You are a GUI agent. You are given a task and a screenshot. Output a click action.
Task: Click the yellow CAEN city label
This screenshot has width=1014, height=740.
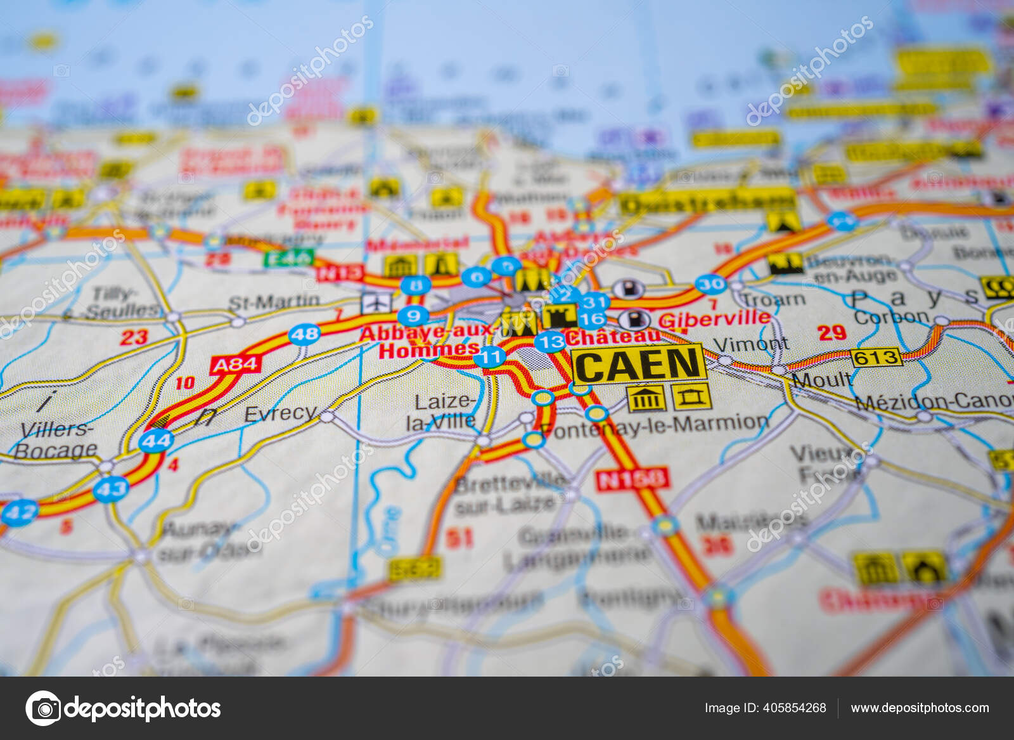click(x=638, y=365)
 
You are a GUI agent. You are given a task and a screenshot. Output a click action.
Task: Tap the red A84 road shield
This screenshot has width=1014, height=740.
click(x=235, y=365)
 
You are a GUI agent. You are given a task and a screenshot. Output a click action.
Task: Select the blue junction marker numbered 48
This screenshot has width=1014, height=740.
click(x=304, y=334)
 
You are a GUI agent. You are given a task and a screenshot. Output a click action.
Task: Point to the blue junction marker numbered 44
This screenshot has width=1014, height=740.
click(x=156, y=440)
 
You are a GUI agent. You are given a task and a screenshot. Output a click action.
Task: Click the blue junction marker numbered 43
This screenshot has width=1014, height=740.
click(x=111, y=489)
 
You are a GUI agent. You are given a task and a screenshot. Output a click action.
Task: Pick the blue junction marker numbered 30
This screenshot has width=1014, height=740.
click(x=710, y=284)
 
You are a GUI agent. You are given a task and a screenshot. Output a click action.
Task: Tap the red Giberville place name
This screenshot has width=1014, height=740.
click(x=714, y=319)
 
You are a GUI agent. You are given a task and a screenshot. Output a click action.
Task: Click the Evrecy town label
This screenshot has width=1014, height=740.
click(x=279, y=414)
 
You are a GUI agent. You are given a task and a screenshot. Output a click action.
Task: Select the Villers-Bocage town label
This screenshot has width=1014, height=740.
click(x=56, y=439)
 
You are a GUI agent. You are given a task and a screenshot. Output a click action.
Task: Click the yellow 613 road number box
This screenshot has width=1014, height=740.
click(x=876, y=358)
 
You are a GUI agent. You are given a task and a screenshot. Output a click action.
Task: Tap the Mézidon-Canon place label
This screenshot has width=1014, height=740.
click(x=935, y=401)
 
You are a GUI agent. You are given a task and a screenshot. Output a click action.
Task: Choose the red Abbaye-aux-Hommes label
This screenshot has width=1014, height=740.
click(x=428, y=341)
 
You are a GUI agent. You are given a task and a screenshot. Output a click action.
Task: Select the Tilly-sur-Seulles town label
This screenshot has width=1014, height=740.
click(x=120, y=302)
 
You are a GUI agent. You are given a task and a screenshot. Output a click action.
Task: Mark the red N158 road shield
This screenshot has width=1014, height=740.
click(x=632, y=479)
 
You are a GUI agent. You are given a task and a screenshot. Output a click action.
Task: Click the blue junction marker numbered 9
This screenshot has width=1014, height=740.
click(x=413, y=315)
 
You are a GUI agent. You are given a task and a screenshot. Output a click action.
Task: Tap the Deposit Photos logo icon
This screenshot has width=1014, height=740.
click(x=43, y=708)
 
